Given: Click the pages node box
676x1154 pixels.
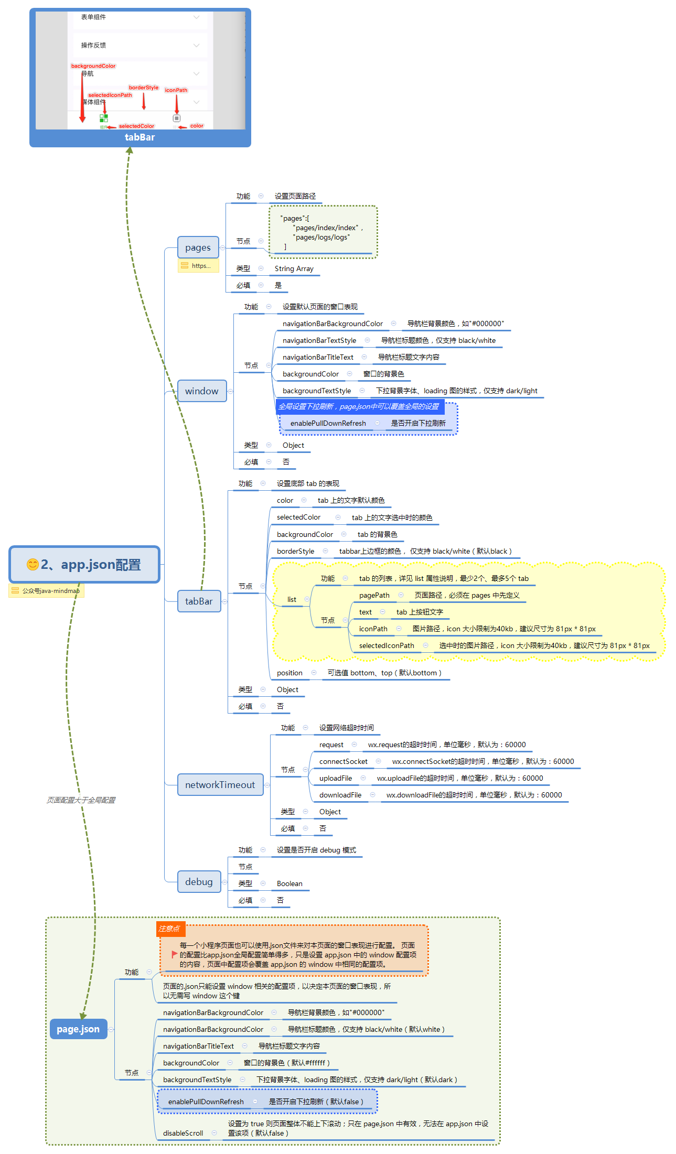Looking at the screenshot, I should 198,247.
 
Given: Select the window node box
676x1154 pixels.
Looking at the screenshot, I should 201,391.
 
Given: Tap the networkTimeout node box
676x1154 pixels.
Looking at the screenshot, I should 220,785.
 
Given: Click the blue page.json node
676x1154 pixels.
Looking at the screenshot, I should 78,1029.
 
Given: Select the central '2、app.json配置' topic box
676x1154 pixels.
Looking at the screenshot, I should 84,565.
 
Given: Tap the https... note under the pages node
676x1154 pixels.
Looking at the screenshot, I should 198,266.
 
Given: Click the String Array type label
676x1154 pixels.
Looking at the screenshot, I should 294,269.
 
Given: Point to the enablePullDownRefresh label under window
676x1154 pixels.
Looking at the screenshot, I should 328,424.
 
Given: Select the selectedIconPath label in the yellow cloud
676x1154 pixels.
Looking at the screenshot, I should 387,646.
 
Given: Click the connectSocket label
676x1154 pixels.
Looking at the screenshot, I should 343,762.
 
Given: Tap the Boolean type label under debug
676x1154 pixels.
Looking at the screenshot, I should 289,884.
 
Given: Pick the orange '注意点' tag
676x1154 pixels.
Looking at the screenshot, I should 170,929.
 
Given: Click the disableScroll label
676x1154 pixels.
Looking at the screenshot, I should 183,1134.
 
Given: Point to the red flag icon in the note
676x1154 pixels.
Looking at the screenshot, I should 174,955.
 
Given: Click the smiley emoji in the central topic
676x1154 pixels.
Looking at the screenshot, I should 33,564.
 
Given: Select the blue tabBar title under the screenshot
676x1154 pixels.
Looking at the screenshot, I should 140,137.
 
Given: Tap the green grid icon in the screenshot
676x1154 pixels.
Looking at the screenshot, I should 104,118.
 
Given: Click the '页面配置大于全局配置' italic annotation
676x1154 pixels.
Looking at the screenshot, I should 81,800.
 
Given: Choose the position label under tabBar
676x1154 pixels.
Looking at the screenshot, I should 289,673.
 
